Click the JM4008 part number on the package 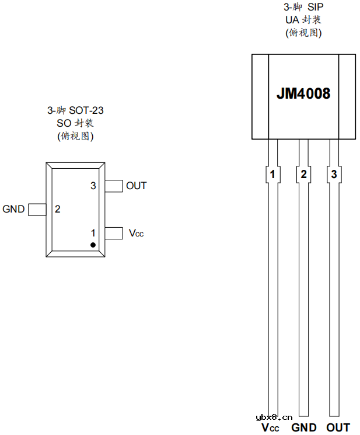point(303,93)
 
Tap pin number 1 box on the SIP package point(272,174)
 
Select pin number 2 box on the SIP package point(303,174)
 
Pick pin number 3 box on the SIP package point(334,174)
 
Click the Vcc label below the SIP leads point(271,428)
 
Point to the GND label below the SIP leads point(303,428)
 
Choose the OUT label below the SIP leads point(338,428)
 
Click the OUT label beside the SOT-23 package point(137,186)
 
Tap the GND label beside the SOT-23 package point(13,209)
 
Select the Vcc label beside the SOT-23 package point(136,234)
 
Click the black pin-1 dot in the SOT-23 point(93,244)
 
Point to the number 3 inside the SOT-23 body point(93,186)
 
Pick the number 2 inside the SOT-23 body point(58,209)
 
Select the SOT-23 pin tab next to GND point(37,209)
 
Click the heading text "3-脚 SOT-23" point(75,110)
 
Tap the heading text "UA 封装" point(303,20)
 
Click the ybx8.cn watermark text point(274,417)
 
